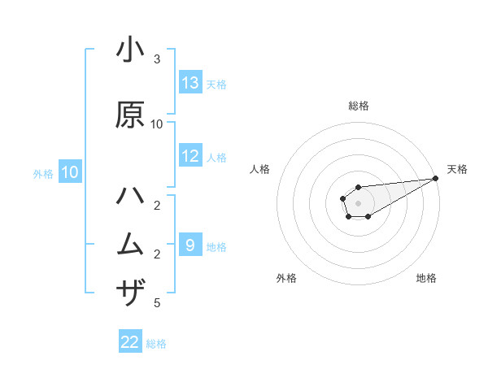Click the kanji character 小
(x=131, y=50)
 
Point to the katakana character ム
(x=131, y=244)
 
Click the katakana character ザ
(x=131, y=292)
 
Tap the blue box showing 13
(x=190, y=83)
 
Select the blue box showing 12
(x=190, y=156)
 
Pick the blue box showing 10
(x=69, y=172)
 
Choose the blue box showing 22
(x=130, y=342)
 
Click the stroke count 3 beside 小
(x=157, y=59)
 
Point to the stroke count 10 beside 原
(x=157, y=124)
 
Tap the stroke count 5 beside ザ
(x=157, y=303)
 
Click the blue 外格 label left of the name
(x=42, y=173)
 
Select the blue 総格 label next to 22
(x=156, y=344)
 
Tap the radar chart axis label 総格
(x=359, y=106)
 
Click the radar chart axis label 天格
(x=457, y=169)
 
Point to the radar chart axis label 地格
(x=426, y=278)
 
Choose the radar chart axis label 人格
(x=260, y=169)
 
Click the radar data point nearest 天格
(x=436, y=178)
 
